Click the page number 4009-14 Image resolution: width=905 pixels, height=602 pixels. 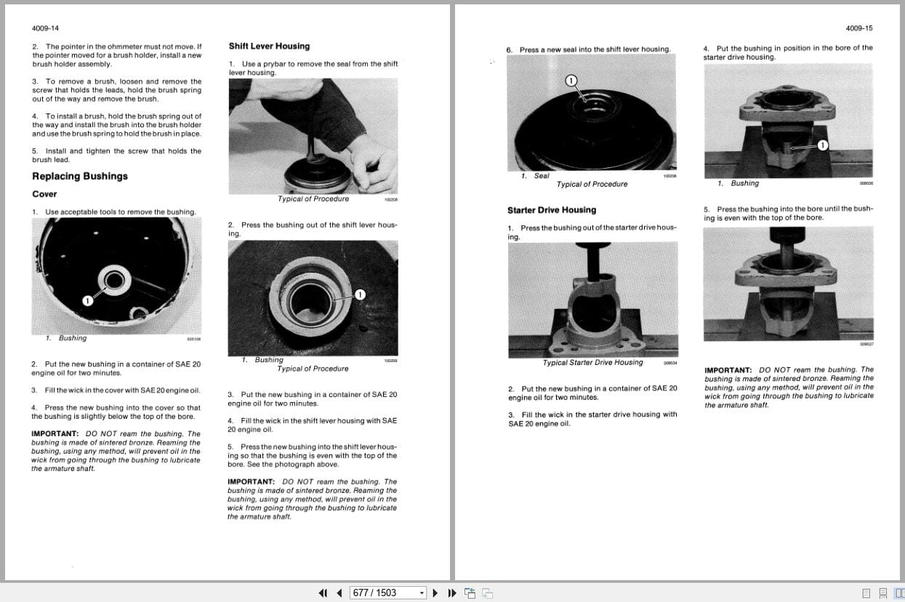(45, 28)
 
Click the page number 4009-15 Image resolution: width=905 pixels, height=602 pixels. (859, 28)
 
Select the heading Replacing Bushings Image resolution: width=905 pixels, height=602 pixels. (80, 176)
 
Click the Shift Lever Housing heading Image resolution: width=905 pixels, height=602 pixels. (269, 46)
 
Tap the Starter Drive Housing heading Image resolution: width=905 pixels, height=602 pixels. (552, 210)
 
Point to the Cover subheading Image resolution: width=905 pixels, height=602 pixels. (44, 194)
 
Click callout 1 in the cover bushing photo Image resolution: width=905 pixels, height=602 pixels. (88, 300)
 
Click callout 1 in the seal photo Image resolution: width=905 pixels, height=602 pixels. (571, 80)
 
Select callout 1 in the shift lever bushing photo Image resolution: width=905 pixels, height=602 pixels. (360, 294)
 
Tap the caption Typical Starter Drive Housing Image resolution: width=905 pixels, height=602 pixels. (592, 363)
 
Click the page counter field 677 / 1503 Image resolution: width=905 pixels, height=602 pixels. (383, 593)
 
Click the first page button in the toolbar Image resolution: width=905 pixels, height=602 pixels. (323, 593)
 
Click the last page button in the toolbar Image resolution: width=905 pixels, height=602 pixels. (451, 593)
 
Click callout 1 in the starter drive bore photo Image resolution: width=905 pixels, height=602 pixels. (822, 145)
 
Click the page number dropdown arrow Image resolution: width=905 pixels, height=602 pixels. (422, 593)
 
